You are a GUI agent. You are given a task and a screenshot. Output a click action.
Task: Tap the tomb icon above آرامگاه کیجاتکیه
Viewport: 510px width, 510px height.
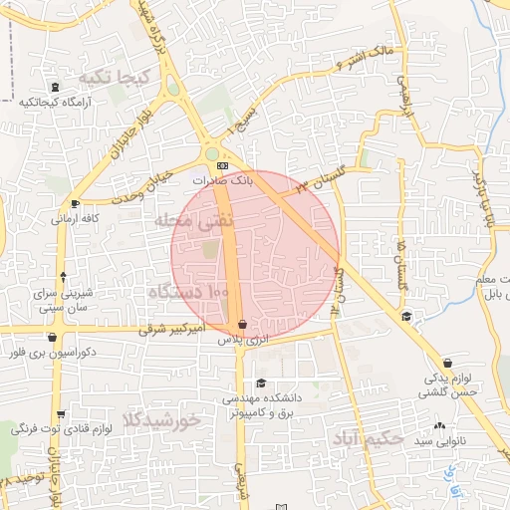[x=53, y=88]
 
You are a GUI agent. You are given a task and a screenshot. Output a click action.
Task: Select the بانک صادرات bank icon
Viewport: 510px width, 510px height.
[x=222, y=167]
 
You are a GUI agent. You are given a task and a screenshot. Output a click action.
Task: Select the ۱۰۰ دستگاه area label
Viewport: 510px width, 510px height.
[x=188, y=293]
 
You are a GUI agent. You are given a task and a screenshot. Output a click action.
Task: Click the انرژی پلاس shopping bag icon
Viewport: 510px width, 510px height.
[x=242, y=325]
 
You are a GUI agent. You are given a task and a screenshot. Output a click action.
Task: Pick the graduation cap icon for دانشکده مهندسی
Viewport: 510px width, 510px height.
[x=261, y=383]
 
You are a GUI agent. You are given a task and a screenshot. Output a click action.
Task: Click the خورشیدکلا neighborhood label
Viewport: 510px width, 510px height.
[x=161, y=418]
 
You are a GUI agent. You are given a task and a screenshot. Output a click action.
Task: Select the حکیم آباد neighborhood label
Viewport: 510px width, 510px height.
[x=371, y=436]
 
